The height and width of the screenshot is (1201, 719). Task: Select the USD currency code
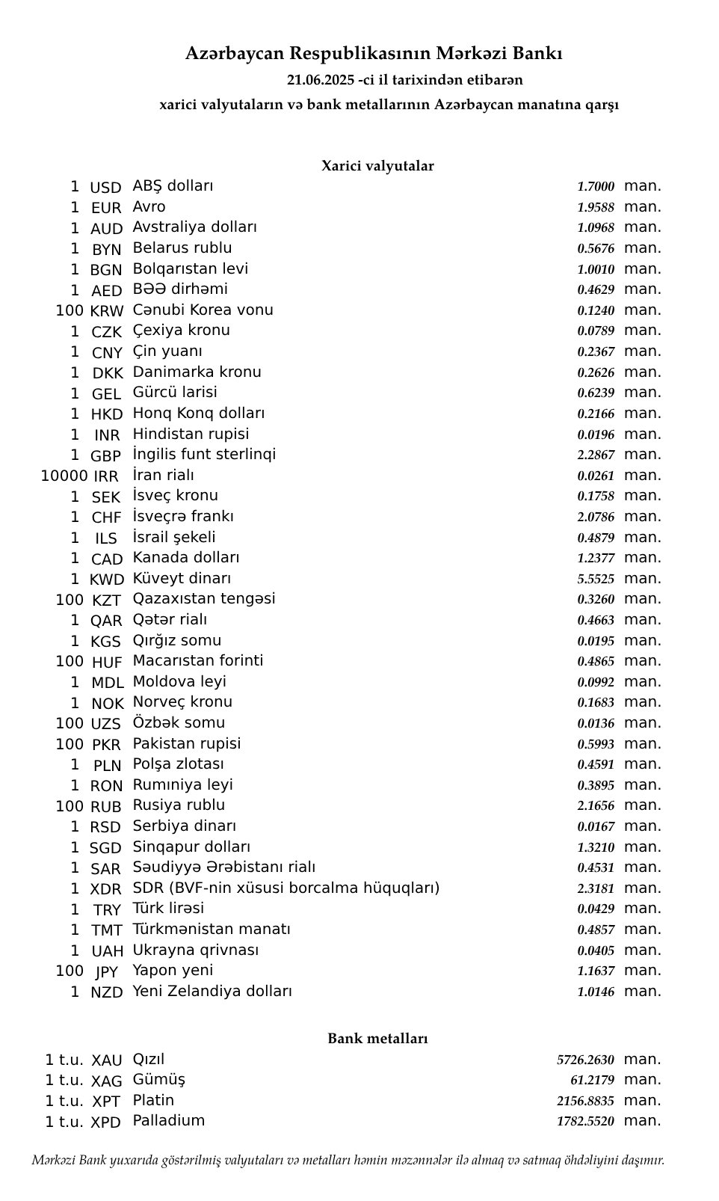pos(105,188)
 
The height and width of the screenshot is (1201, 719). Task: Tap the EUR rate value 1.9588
pos(595,208)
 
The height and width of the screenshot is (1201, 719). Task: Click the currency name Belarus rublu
pos(182,248)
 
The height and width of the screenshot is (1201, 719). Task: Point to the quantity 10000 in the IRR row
pos(64,476)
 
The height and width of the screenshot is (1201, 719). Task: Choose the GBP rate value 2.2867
pos(595,455)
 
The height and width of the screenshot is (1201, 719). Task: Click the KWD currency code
pos(106,580)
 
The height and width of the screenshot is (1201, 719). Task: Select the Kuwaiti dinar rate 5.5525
pos(595,580)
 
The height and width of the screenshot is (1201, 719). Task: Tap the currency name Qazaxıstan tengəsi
pos(204,599)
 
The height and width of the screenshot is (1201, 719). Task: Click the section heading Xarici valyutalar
pos(377,166)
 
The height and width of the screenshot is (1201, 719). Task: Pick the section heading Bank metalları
pos(377,1039)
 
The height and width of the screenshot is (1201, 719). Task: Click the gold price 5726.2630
pos(585,1060)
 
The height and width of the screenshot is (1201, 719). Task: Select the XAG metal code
pos(106,1081)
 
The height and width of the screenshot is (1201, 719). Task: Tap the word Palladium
pos(169,1121)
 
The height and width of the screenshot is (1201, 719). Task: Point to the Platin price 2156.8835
pos(585,1102)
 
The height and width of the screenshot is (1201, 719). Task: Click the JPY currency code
pos(106,972)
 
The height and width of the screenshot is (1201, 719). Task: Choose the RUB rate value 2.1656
pos(595,806)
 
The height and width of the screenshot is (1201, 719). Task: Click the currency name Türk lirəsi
pos(168,909)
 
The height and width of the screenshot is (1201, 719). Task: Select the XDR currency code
pos(106,889)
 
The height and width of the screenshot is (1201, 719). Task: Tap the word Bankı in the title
pos(537,54)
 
